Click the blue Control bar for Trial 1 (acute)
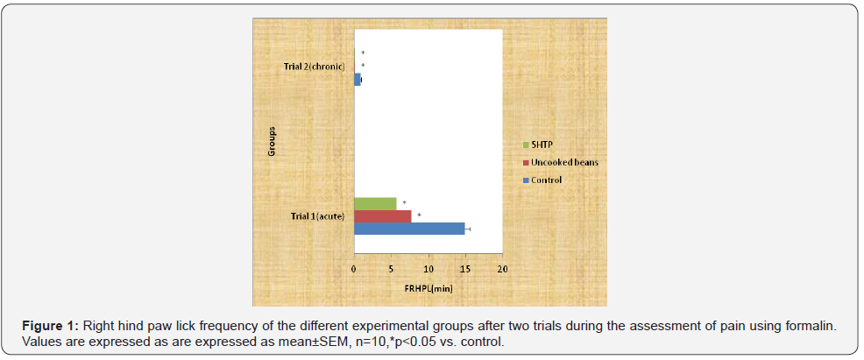click(x=408, y=229)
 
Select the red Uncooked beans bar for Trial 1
click(x=382, y=216)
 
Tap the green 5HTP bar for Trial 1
click(x=375, y=203)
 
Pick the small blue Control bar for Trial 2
click(x=358, y=80)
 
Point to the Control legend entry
click(x=545, y=180)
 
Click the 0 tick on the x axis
click(x=354, y=270)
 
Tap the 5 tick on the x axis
click(x=392, y=270)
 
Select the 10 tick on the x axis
click(x=428, y=270)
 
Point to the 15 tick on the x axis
click(x=465, y=270)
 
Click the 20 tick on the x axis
click(x=502, y=270)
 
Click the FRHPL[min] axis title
click(x=428, y=287)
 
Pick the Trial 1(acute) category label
click(x=318, y=216)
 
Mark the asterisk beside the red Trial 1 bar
click(x=419, y=215)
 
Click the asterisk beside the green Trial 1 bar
click(x=404, y=203)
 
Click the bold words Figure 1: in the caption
click(x=52, y=326)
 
